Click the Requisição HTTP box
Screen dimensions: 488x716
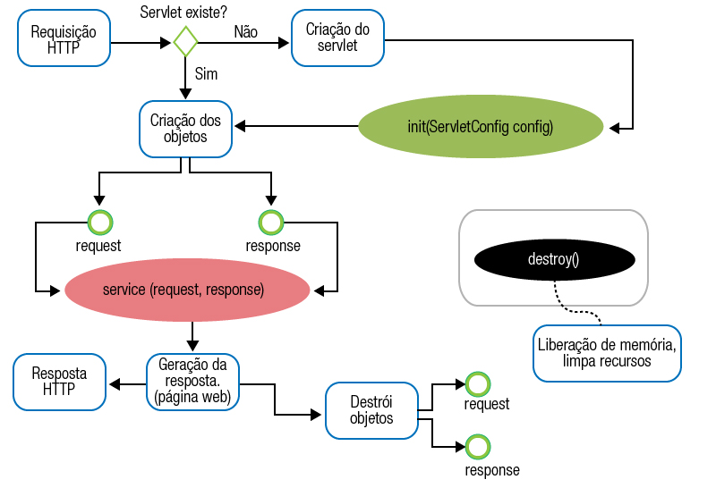tap(63, 40)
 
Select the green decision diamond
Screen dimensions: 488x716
tap(185, 41)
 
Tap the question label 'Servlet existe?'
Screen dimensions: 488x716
tap(185, 11)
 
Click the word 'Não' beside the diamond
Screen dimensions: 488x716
tap(245, 31)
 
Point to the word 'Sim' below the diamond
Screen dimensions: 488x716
tap(206, 73)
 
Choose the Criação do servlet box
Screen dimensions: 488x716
tap(337, 38)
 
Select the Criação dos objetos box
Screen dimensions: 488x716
tap(185, 127)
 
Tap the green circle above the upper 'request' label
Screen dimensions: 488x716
tap(99, 222)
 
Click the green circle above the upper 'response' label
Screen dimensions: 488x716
tap(270, 222)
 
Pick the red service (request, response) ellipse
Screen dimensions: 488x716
tap(187, 290)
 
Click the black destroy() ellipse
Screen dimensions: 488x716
tap(555, 260)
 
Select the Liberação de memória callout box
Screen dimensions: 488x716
tap(606, 351)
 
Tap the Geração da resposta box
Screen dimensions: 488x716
tap(192, 381)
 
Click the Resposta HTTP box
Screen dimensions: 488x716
tap(59, 381)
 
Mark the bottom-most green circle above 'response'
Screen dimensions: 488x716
tap(479, 445)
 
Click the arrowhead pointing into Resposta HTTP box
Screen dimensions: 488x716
tap(114, 383)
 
